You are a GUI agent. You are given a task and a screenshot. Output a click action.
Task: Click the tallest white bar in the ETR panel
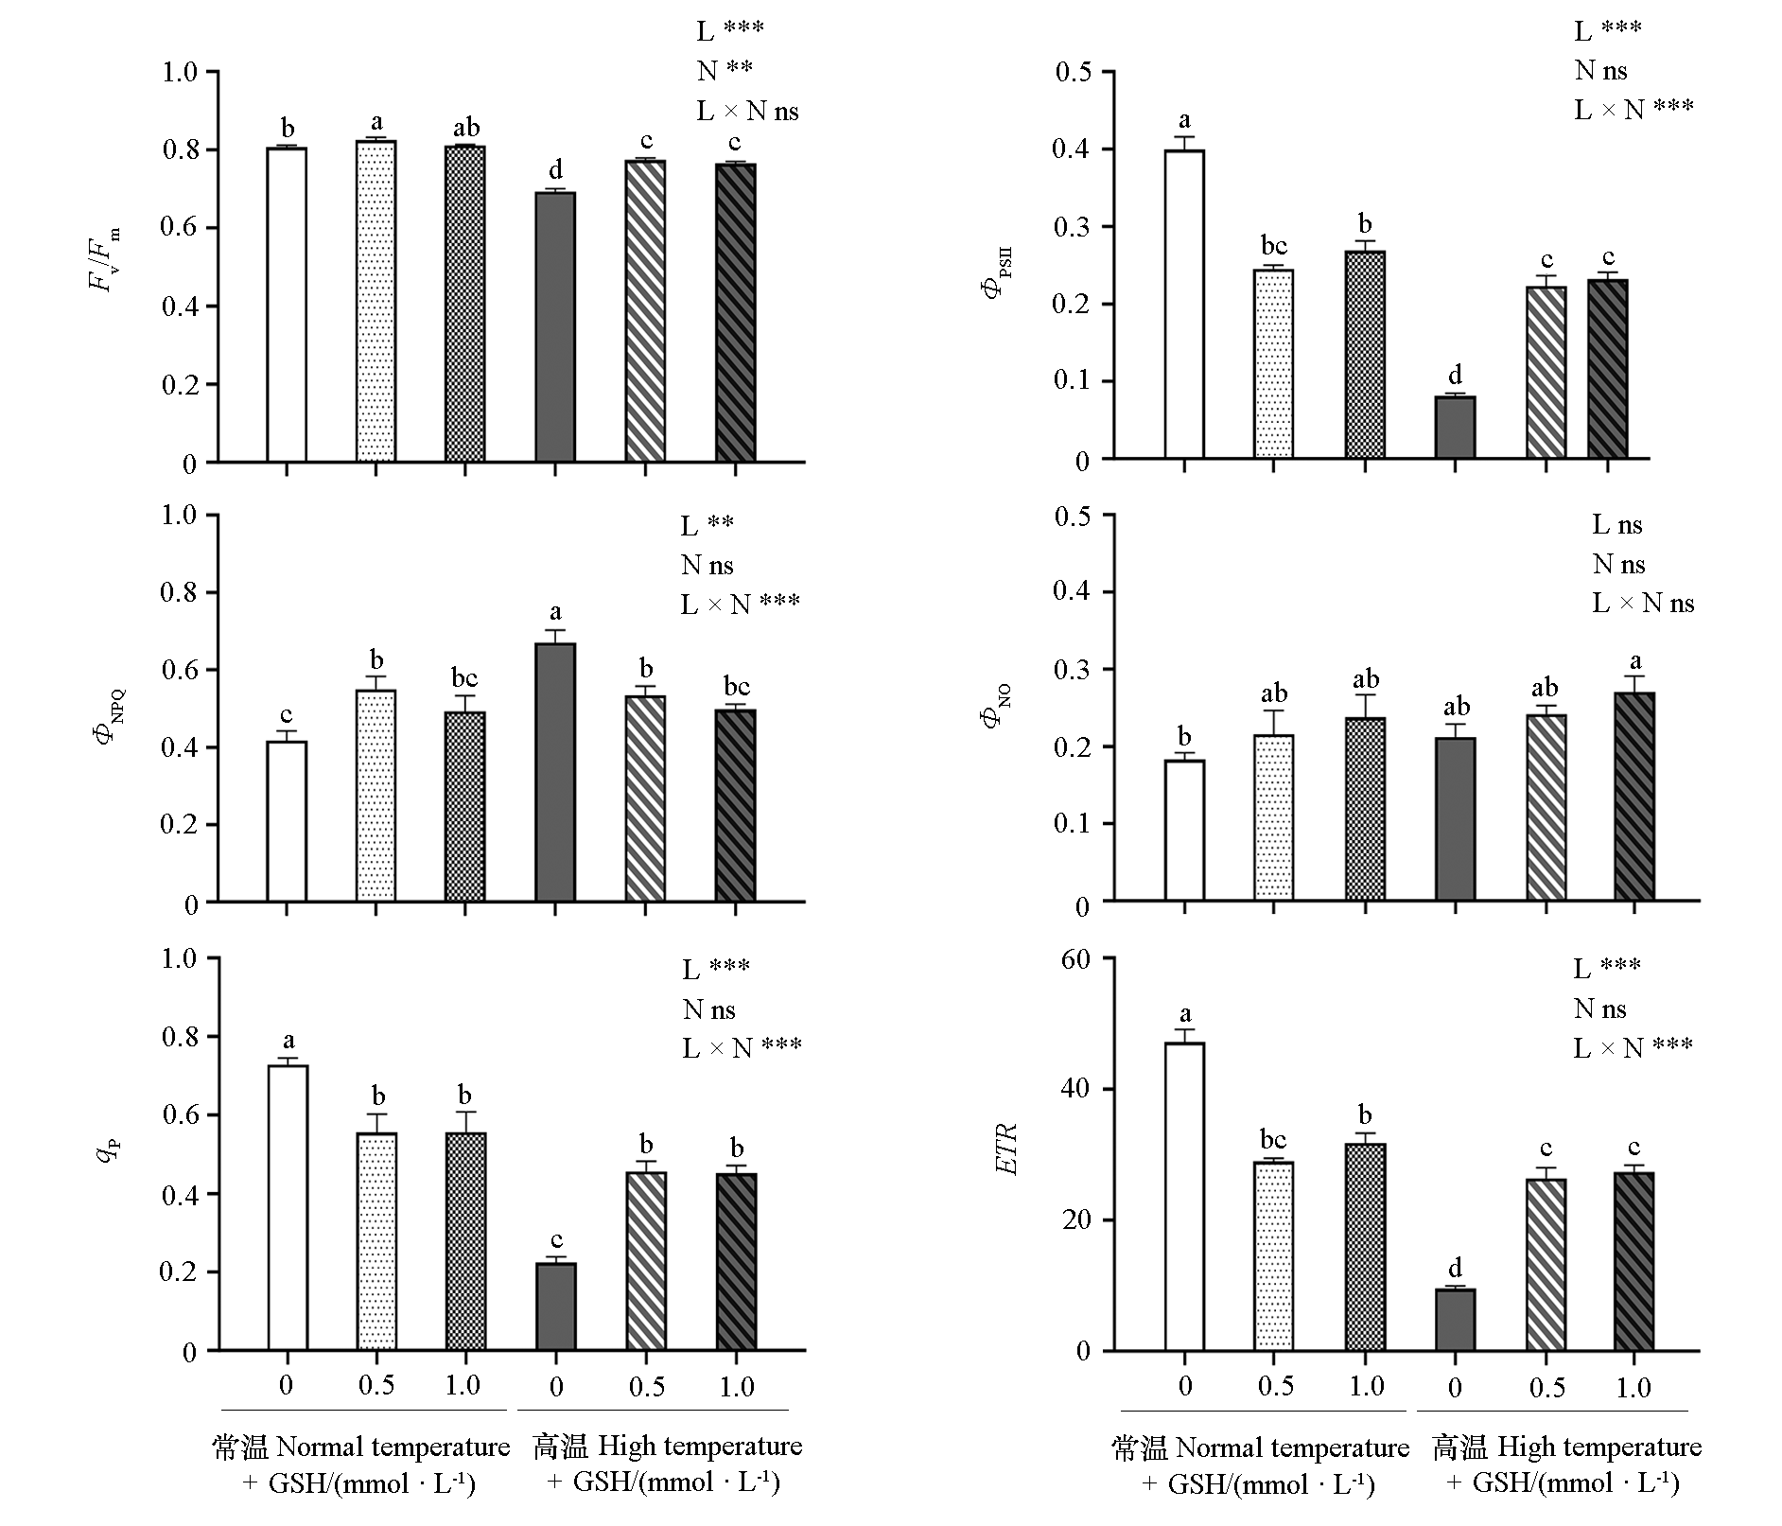tap(1184, 1196)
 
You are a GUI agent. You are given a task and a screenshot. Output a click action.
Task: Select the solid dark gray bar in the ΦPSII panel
tap(1455, 428)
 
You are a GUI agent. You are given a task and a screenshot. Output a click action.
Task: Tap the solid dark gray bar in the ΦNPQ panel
tap(555, 772)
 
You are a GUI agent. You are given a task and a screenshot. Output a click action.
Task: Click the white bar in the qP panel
tap(287, 1207)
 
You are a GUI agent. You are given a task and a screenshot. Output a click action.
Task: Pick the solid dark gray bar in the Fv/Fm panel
tap(555, 327)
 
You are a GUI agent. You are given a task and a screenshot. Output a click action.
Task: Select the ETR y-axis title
tap(1007, 1149)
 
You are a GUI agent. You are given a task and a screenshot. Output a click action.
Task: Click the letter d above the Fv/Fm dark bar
tap(555, 170)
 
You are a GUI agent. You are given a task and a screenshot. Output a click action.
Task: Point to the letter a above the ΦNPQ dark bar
tap(555, 611)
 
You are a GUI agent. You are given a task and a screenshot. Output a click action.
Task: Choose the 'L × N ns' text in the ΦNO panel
tap(1643, 604)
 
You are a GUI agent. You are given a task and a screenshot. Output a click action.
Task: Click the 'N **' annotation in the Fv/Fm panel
tap(725, 70)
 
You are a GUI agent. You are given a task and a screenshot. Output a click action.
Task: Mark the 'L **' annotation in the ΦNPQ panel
tap(707, 525)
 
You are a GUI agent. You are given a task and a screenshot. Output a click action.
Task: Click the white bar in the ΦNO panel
tap(1184, 830)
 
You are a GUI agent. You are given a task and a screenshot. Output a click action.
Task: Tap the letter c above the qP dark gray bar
tap(556, 1240)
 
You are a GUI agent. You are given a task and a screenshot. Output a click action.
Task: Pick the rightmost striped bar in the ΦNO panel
tap(1634, 796)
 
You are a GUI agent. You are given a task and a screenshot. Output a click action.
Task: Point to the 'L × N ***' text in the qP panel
tap(742, 1047)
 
